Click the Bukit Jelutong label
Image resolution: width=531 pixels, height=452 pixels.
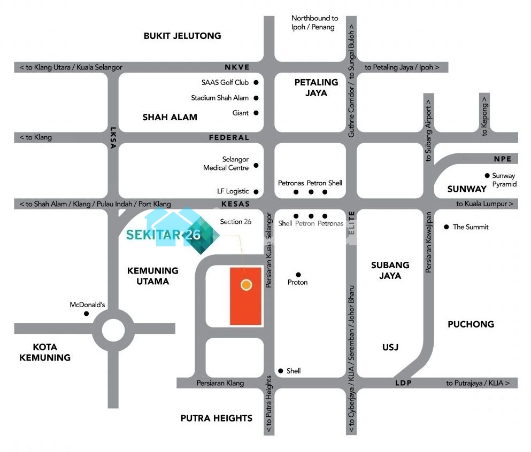coord(182,36)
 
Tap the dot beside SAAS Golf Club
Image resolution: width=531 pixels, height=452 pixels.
coord(256,82)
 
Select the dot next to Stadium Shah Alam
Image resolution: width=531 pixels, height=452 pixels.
coord(256,98)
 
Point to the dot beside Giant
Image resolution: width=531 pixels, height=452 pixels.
coord(256,113)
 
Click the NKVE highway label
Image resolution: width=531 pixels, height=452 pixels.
coord(237,67)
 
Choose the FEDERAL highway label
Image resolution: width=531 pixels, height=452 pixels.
coord(229,137)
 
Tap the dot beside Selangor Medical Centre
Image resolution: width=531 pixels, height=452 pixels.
coord(256,165)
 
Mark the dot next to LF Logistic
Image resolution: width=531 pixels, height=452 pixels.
coord(256,191)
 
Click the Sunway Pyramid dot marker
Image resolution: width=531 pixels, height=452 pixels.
coord(487,175)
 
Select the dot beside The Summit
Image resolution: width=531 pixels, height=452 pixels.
coord(447,227)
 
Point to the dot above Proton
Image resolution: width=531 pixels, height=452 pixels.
coord(298,275)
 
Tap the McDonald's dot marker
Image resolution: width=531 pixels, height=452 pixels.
coord(87,314)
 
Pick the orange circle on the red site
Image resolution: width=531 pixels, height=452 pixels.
coord(246,285)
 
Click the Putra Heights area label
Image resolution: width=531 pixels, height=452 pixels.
coord(217,418)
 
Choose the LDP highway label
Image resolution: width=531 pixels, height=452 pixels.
coord(403,383)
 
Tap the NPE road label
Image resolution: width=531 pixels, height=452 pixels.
coord(503,159)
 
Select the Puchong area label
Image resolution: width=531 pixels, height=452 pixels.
coord(471,324)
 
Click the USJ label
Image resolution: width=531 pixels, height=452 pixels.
coord(390,347)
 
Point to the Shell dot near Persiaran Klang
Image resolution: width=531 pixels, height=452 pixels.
coord(280,371)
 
